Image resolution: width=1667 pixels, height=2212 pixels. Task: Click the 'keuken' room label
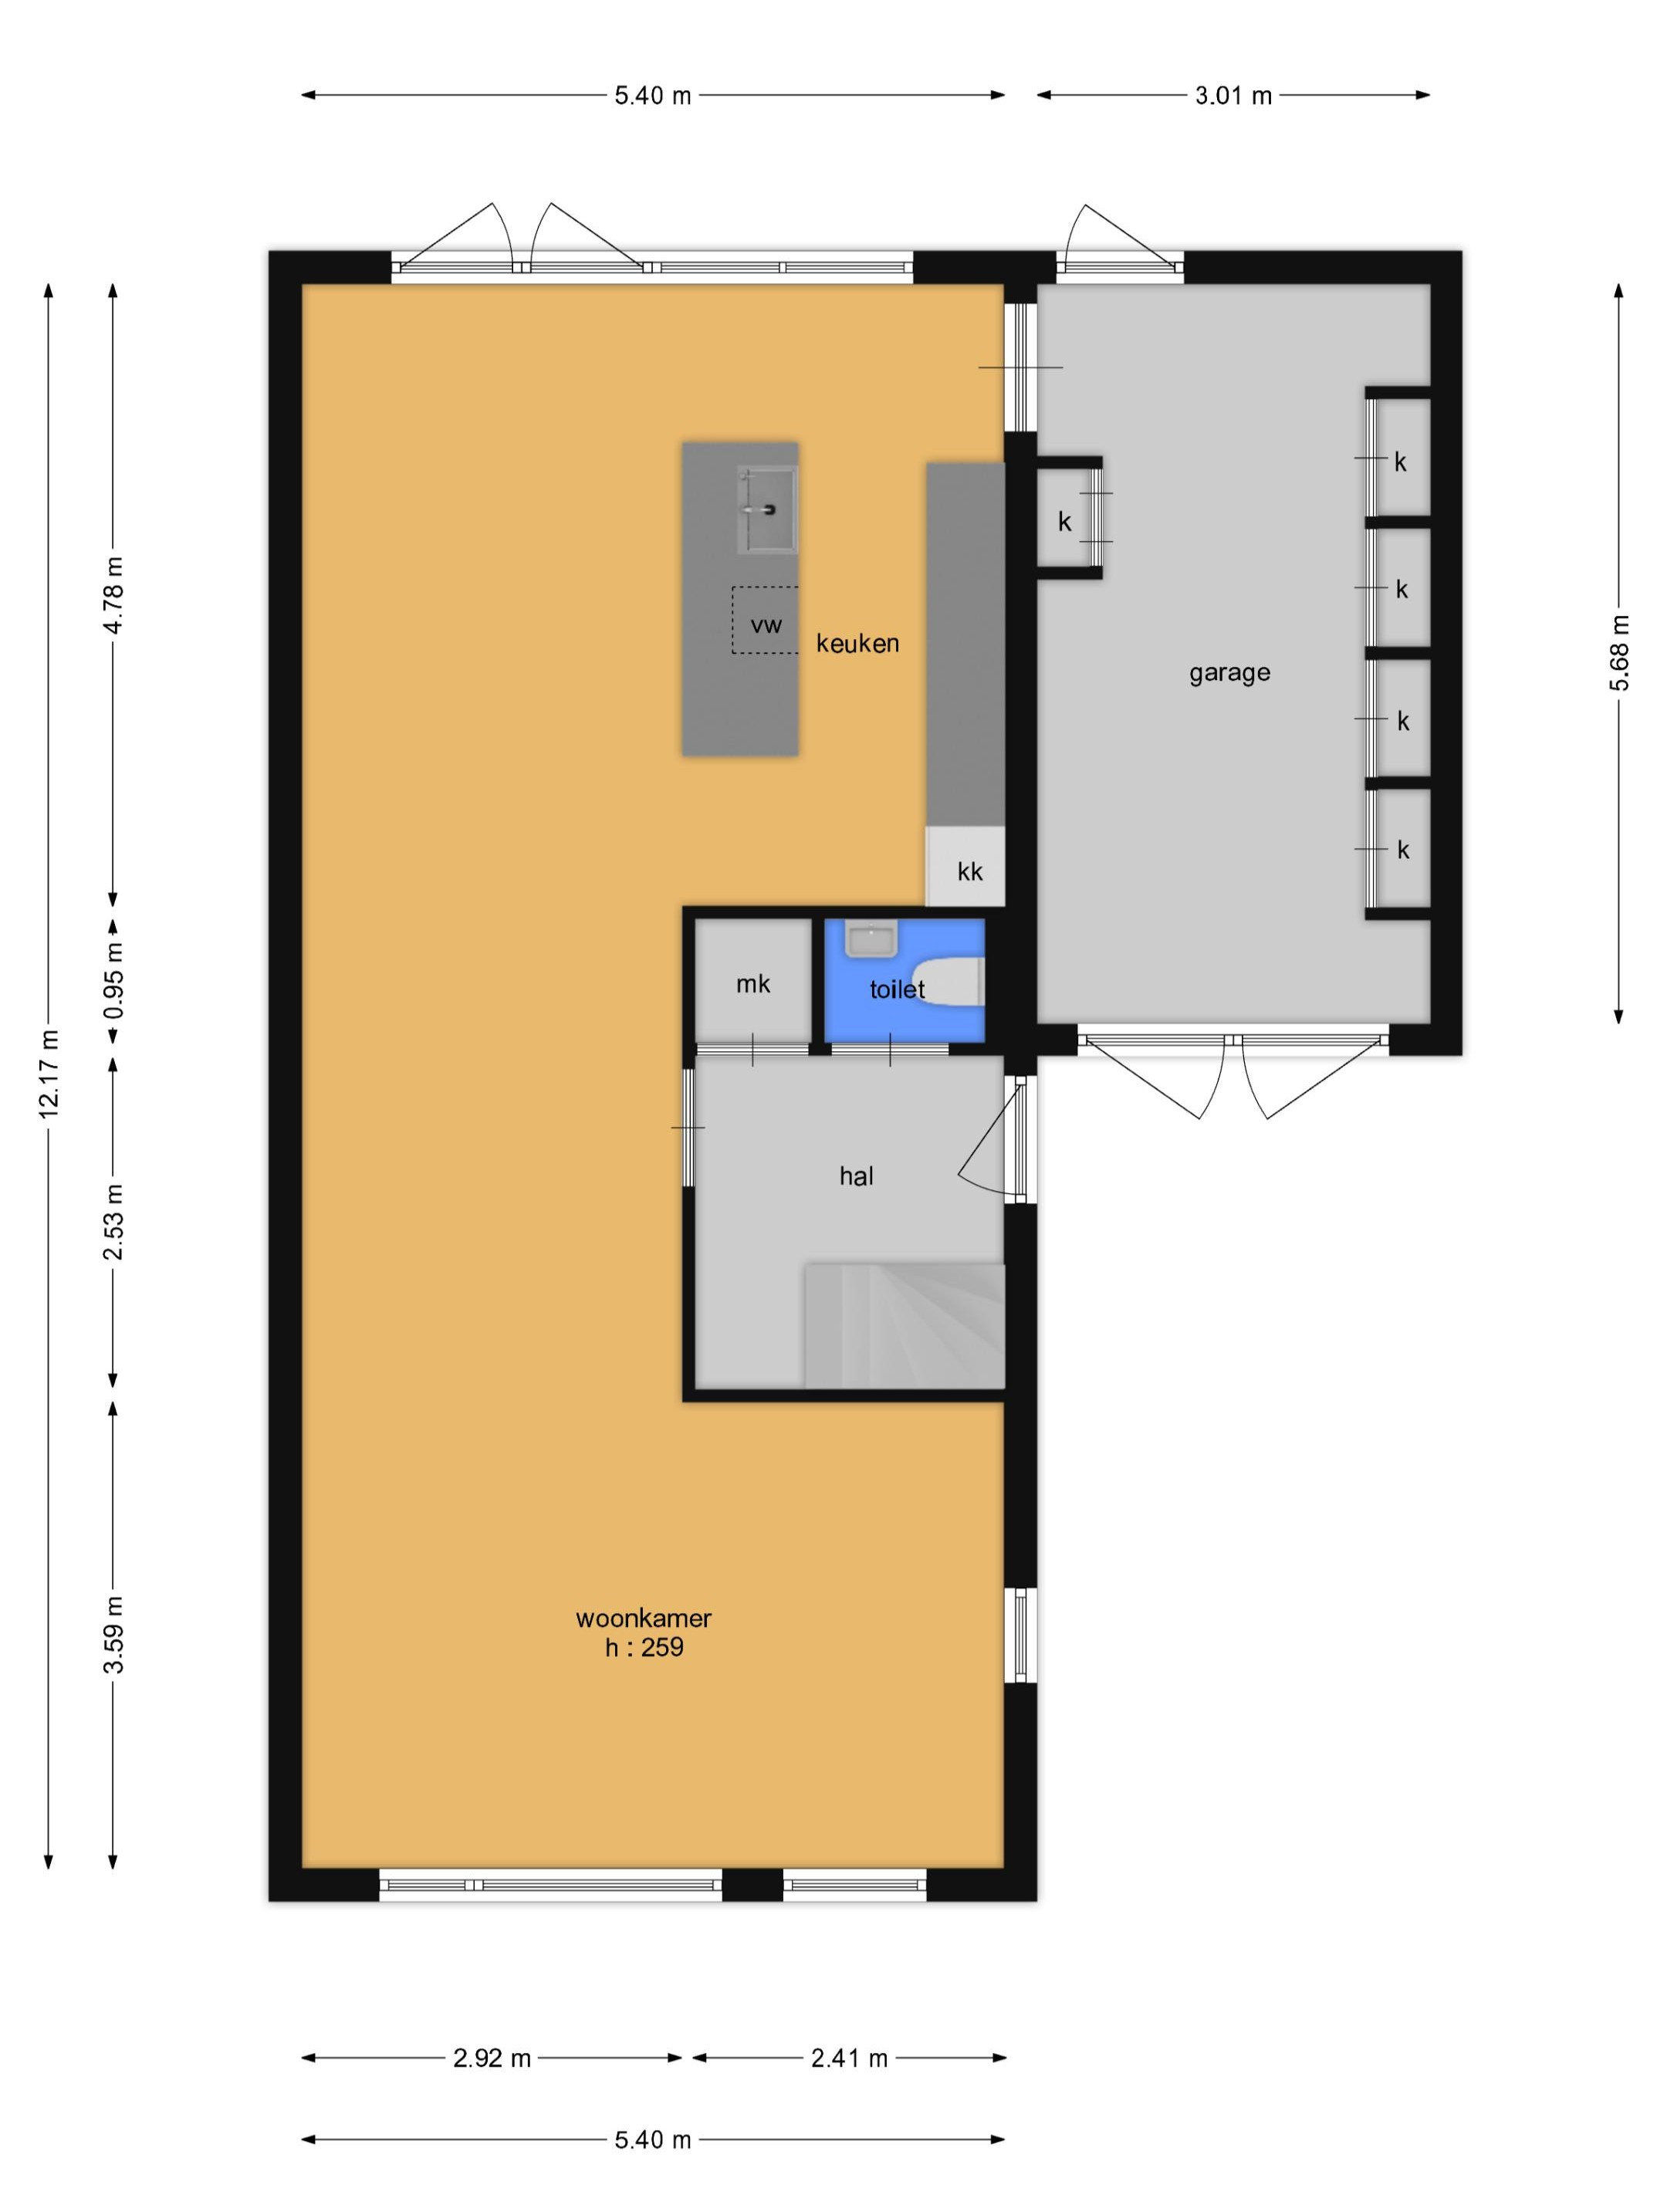coord(857,643)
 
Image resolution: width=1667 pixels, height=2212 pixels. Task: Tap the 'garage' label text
coord(1229,673)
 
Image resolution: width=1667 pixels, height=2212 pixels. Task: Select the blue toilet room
coord(904,980)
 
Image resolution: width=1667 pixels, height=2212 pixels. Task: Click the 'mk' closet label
coord(753,984)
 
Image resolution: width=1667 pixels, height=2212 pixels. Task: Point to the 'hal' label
coord(856,1176)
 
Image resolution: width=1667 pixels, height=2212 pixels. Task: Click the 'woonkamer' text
coord(643,1618)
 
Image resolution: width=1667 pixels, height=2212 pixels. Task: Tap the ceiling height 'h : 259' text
coord(644,1647)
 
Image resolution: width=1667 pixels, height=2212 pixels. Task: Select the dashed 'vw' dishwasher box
coord(765,620)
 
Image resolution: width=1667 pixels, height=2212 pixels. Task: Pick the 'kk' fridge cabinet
coord(965,867)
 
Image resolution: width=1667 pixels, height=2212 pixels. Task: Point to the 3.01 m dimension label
coord(1233,96)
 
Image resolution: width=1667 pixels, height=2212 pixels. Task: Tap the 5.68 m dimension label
coord(1620,653)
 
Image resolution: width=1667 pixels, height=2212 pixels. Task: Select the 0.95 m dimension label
coord(114,981)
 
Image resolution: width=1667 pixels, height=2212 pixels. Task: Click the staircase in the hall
coord(904,1325)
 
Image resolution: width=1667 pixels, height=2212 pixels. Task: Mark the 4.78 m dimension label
coord(114,595)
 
